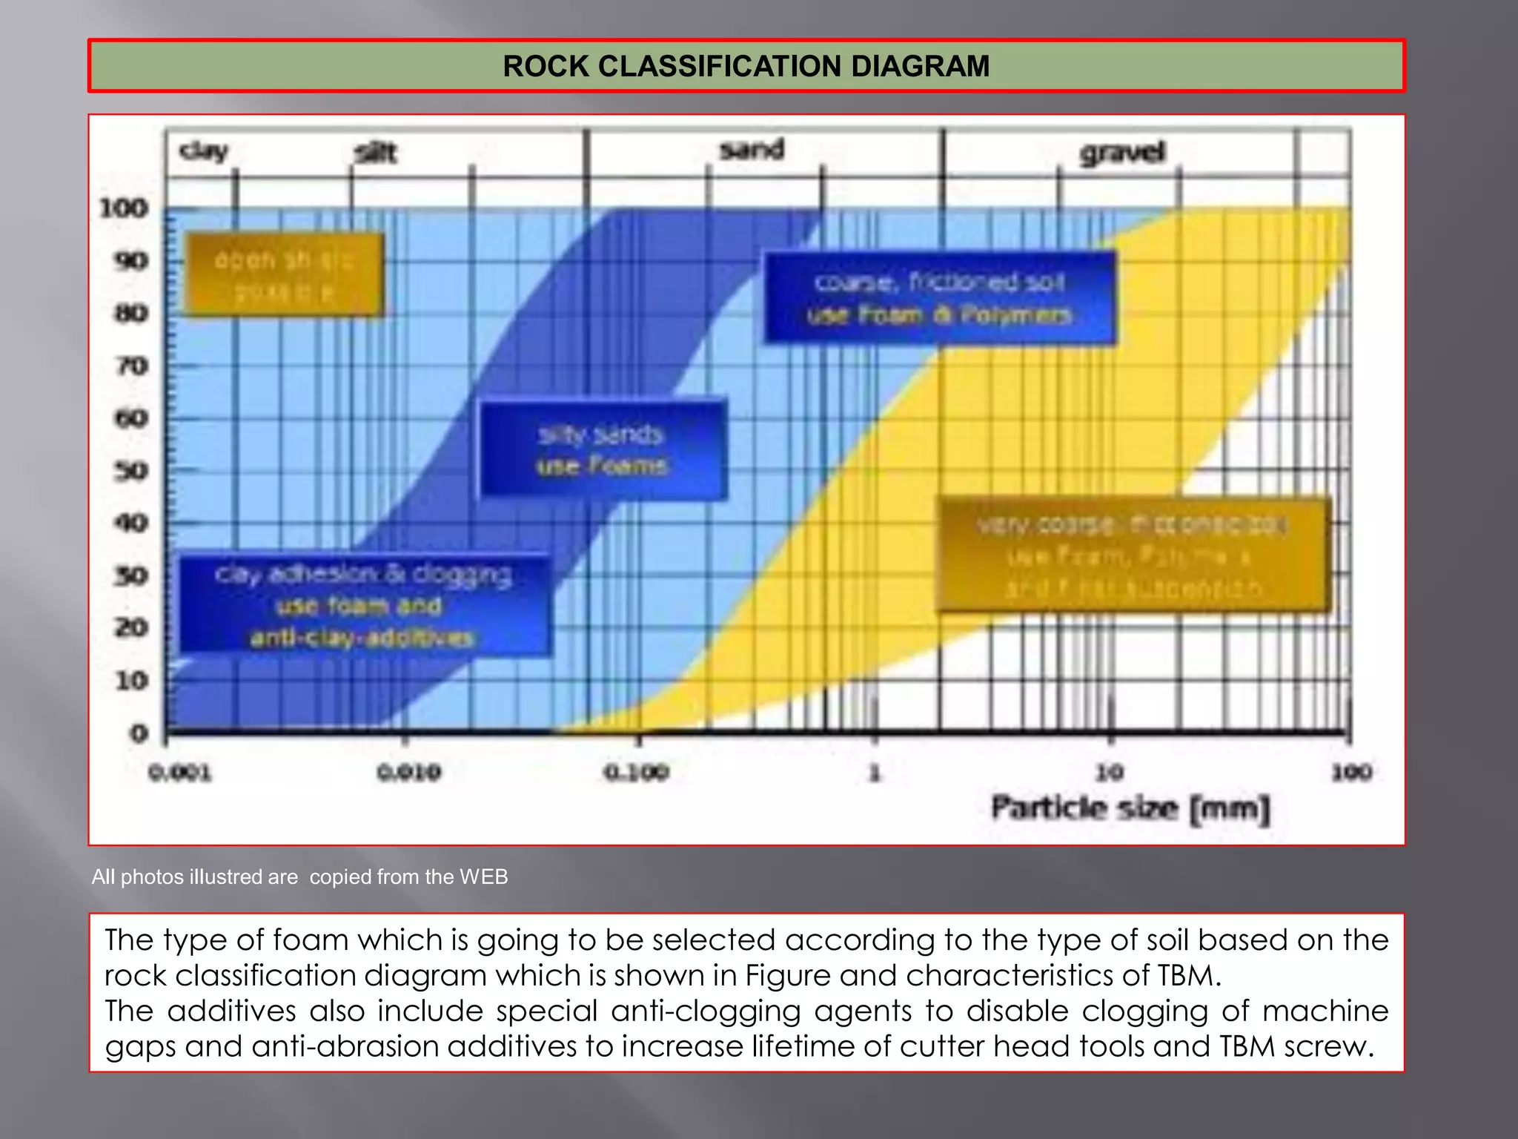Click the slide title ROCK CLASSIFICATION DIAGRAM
(x=746, y=66)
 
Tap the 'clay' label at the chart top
(x=203, y=151)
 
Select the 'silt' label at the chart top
(x=376, y=153)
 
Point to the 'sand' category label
(x=752, y=150)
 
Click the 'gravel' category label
(x=1122, y=153)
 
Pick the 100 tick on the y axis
(x=124, y=208)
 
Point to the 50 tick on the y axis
(x=130, y=471)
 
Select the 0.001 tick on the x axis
(x=180, y=773)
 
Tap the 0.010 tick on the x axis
(x=409, y=773)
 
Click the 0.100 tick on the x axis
(x=637, y=773)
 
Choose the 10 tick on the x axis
(x=1110, y=773)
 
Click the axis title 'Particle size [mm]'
(x=1131, y=808)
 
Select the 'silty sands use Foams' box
(x=603, y=450)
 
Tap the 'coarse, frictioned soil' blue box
(x=939, y=298)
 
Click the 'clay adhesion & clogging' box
(x=364, y=605)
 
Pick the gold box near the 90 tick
(x=284, y=275)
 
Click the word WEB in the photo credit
(x=483, y=877)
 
